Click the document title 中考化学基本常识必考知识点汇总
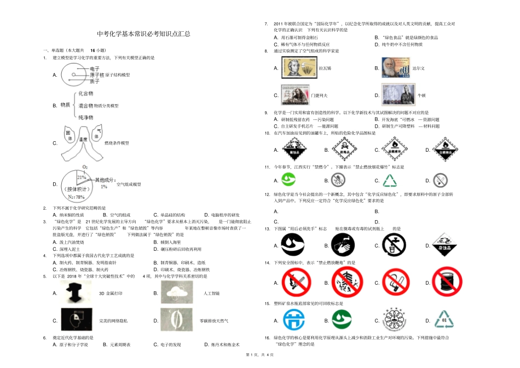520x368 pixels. [144, 34]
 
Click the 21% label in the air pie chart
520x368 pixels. [82, 177]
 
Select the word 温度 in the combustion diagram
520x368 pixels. [83, 140]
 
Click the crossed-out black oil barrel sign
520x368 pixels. [445, 284]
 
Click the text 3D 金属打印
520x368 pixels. [109, 294]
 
